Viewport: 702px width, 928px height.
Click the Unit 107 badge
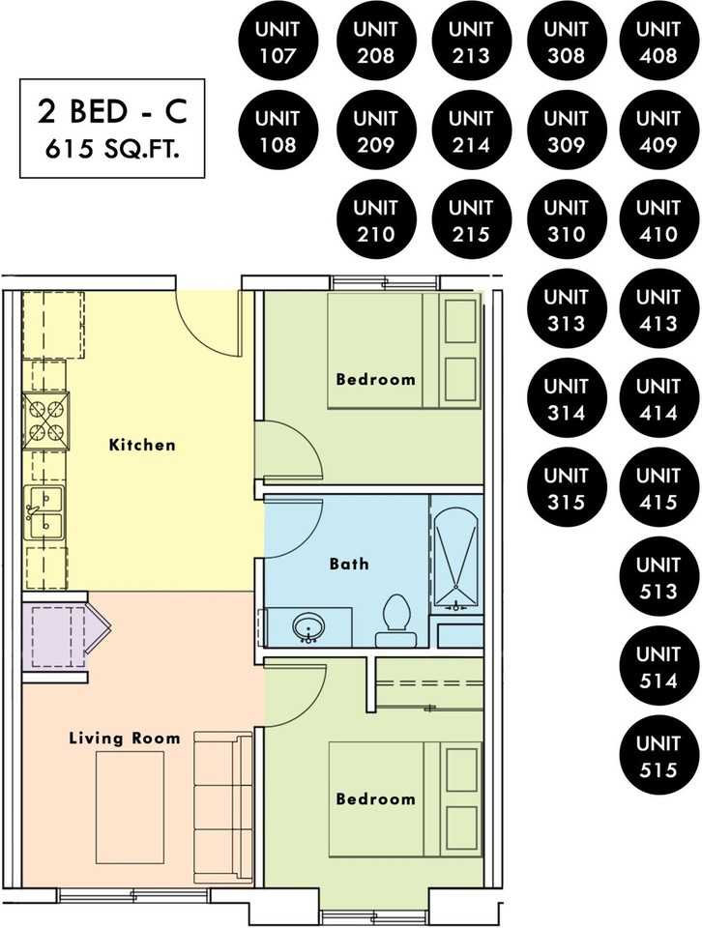(x=278, y=42)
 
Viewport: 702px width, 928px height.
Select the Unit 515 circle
(x=658, y=756)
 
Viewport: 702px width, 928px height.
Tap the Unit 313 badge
(x=566, y=309)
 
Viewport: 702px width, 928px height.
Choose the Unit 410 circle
(x=658, y=220)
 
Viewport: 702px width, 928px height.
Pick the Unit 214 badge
(x=471, y=131)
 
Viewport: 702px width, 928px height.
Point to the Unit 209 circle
(x=376, y=131)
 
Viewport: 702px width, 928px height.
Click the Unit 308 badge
(x=566, y=42)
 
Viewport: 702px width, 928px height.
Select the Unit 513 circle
(x=658, y=578)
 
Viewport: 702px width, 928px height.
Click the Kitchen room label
(x=142, y=445)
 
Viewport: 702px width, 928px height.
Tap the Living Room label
(x=125, y=738)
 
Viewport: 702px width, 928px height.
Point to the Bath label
(x=349, y=564)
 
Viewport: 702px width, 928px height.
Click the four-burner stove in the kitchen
(x=45, y=420)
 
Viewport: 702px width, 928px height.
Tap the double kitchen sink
(x=44, y=511)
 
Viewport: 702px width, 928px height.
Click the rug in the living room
(x=131, y=807)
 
